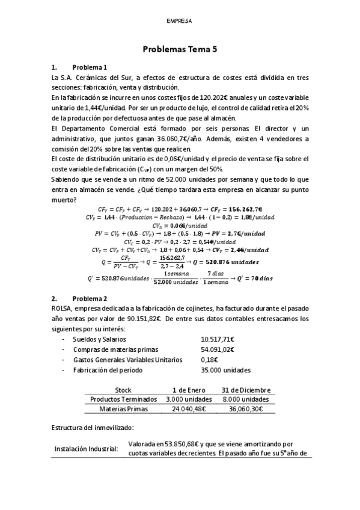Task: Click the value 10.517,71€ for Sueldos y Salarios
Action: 218,340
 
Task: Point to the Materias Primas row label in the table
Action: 123,409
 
